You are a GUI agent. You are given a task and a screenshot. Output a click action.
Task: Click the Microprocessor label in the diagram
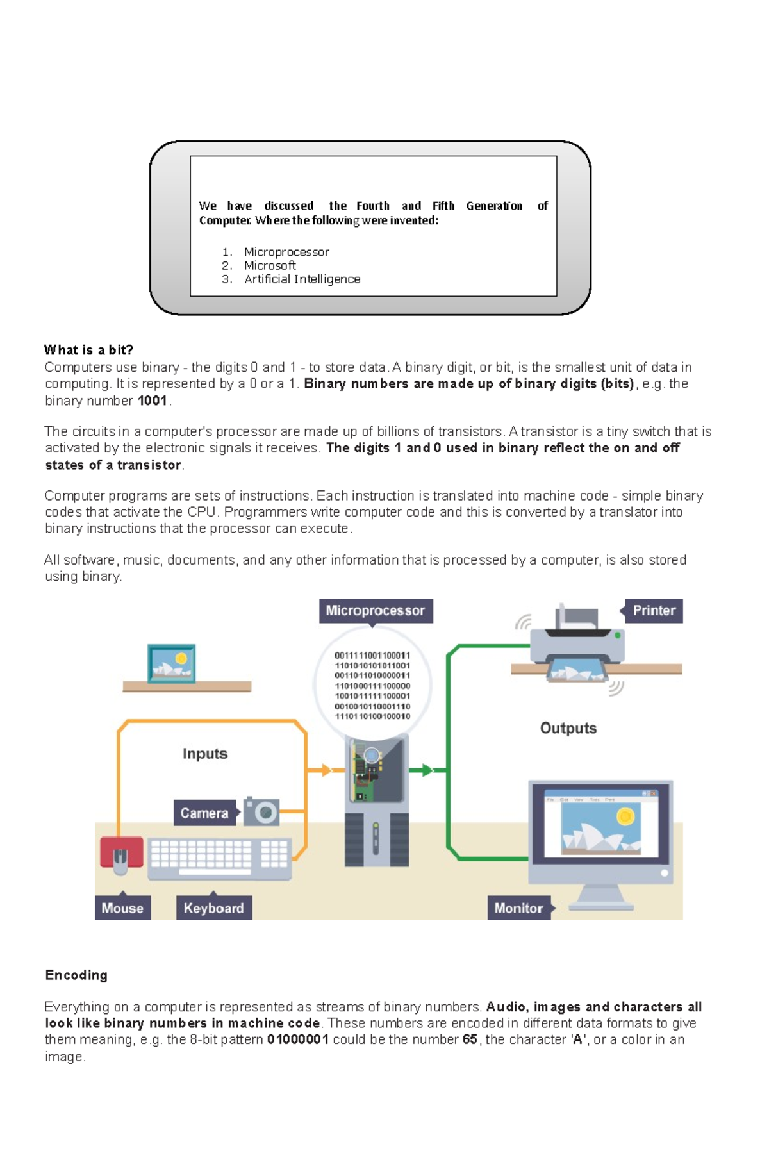pyautogui.click(x=376, y=610)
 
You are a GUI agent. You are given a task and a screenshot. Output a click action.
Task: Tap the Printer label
pyautogui.click(x=654, y=610)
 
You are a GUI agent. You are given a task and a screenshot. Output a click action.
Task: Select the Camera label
pyautogui.click(x=204, y=813)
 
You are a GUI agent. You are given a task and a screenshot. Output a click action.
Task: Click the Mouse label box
pyautogui.click(x=122, y=907)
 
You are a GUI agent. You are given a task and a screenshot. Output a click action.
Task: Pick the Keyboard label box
pyautogui.click(x=213, y=907)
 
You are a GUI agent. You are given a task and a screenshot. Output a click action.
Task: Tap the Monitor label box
pyautogui.click(x=518, y=907)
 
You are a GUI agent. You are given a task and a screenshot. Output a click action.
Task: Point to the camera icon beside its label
pyautogui.click(x=262, y=812)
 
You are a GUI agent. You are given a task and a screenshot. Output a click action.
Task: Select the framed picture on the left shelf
pyautogui.click(x=171, y=664)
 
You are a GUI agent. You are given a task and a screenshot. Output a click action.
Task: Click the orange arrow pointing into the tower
pyautogui.click(x=324, y=770)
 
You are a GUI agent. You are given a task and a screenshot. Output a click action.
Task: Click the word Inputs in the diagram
pyautogui.click(x=205, y=753)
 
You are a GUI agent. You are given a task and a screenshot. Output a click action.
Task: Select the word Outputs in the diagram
pyautogui.click(x=568, y=727)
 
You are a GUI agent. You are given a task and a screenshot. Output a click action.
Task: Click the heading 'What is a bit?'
pyautogui.click(x=88, y=350)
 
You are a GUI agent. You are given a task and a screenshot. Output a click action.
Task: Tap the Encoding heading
pyautogui.click(x=76, y=975)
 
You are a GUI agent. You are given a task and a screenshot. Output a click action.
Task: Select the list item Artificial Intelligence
pyautogui.click(x=302, y=279)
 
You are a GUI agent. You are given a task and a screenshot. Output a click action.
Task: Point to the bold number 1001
pyautogui.click(x=153, y=401)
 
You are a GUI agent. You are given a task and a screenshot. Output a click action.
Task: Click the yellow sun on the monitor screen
pyautogui.click(x=625, y=816)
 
